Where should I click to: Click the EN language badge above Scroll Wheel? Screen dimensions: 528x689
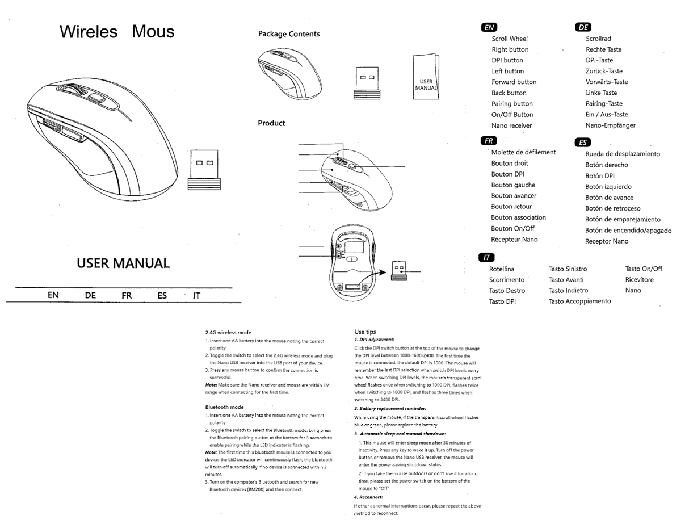point(488,27)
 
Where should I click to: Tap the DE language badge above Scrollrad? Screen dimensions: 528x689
point(583,27)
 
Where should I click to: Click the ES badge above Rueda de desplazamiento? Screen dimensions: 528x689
point(583,143)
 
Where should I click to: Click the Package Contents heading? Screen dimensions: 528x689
point(289,34)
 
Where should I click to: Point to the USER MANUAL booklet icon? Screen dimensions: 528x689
point(426,76)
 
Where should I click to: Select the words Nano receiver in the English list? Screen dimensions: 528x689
point(511,125)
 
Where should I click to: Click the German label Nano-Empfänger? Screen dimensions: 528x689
point(610,125)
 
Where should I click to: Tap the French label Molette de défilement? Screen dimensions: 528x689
point(523,152)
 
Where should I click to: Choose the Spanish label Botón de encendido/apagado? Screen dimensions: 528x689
point(628,231)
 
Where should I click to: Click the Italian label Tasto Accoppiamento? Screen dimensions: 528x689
point(579,301)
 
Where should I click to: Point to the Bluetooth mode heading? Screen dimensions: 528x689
point(224,407)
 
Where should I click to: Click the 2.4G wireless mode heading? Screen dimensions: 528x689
point(228,333)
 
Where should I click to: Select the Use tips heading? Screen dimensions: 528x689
point(365,332)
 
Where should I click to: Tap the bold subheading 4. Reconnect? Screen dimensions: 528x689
point(368,497)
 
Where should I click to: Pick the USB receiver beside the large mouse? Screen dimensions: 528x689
point(204,170)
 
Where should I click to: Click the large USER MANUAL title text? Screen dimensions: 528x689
point(123,263)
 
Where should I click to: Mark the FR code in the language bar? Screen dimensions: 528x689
point(127,295)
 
